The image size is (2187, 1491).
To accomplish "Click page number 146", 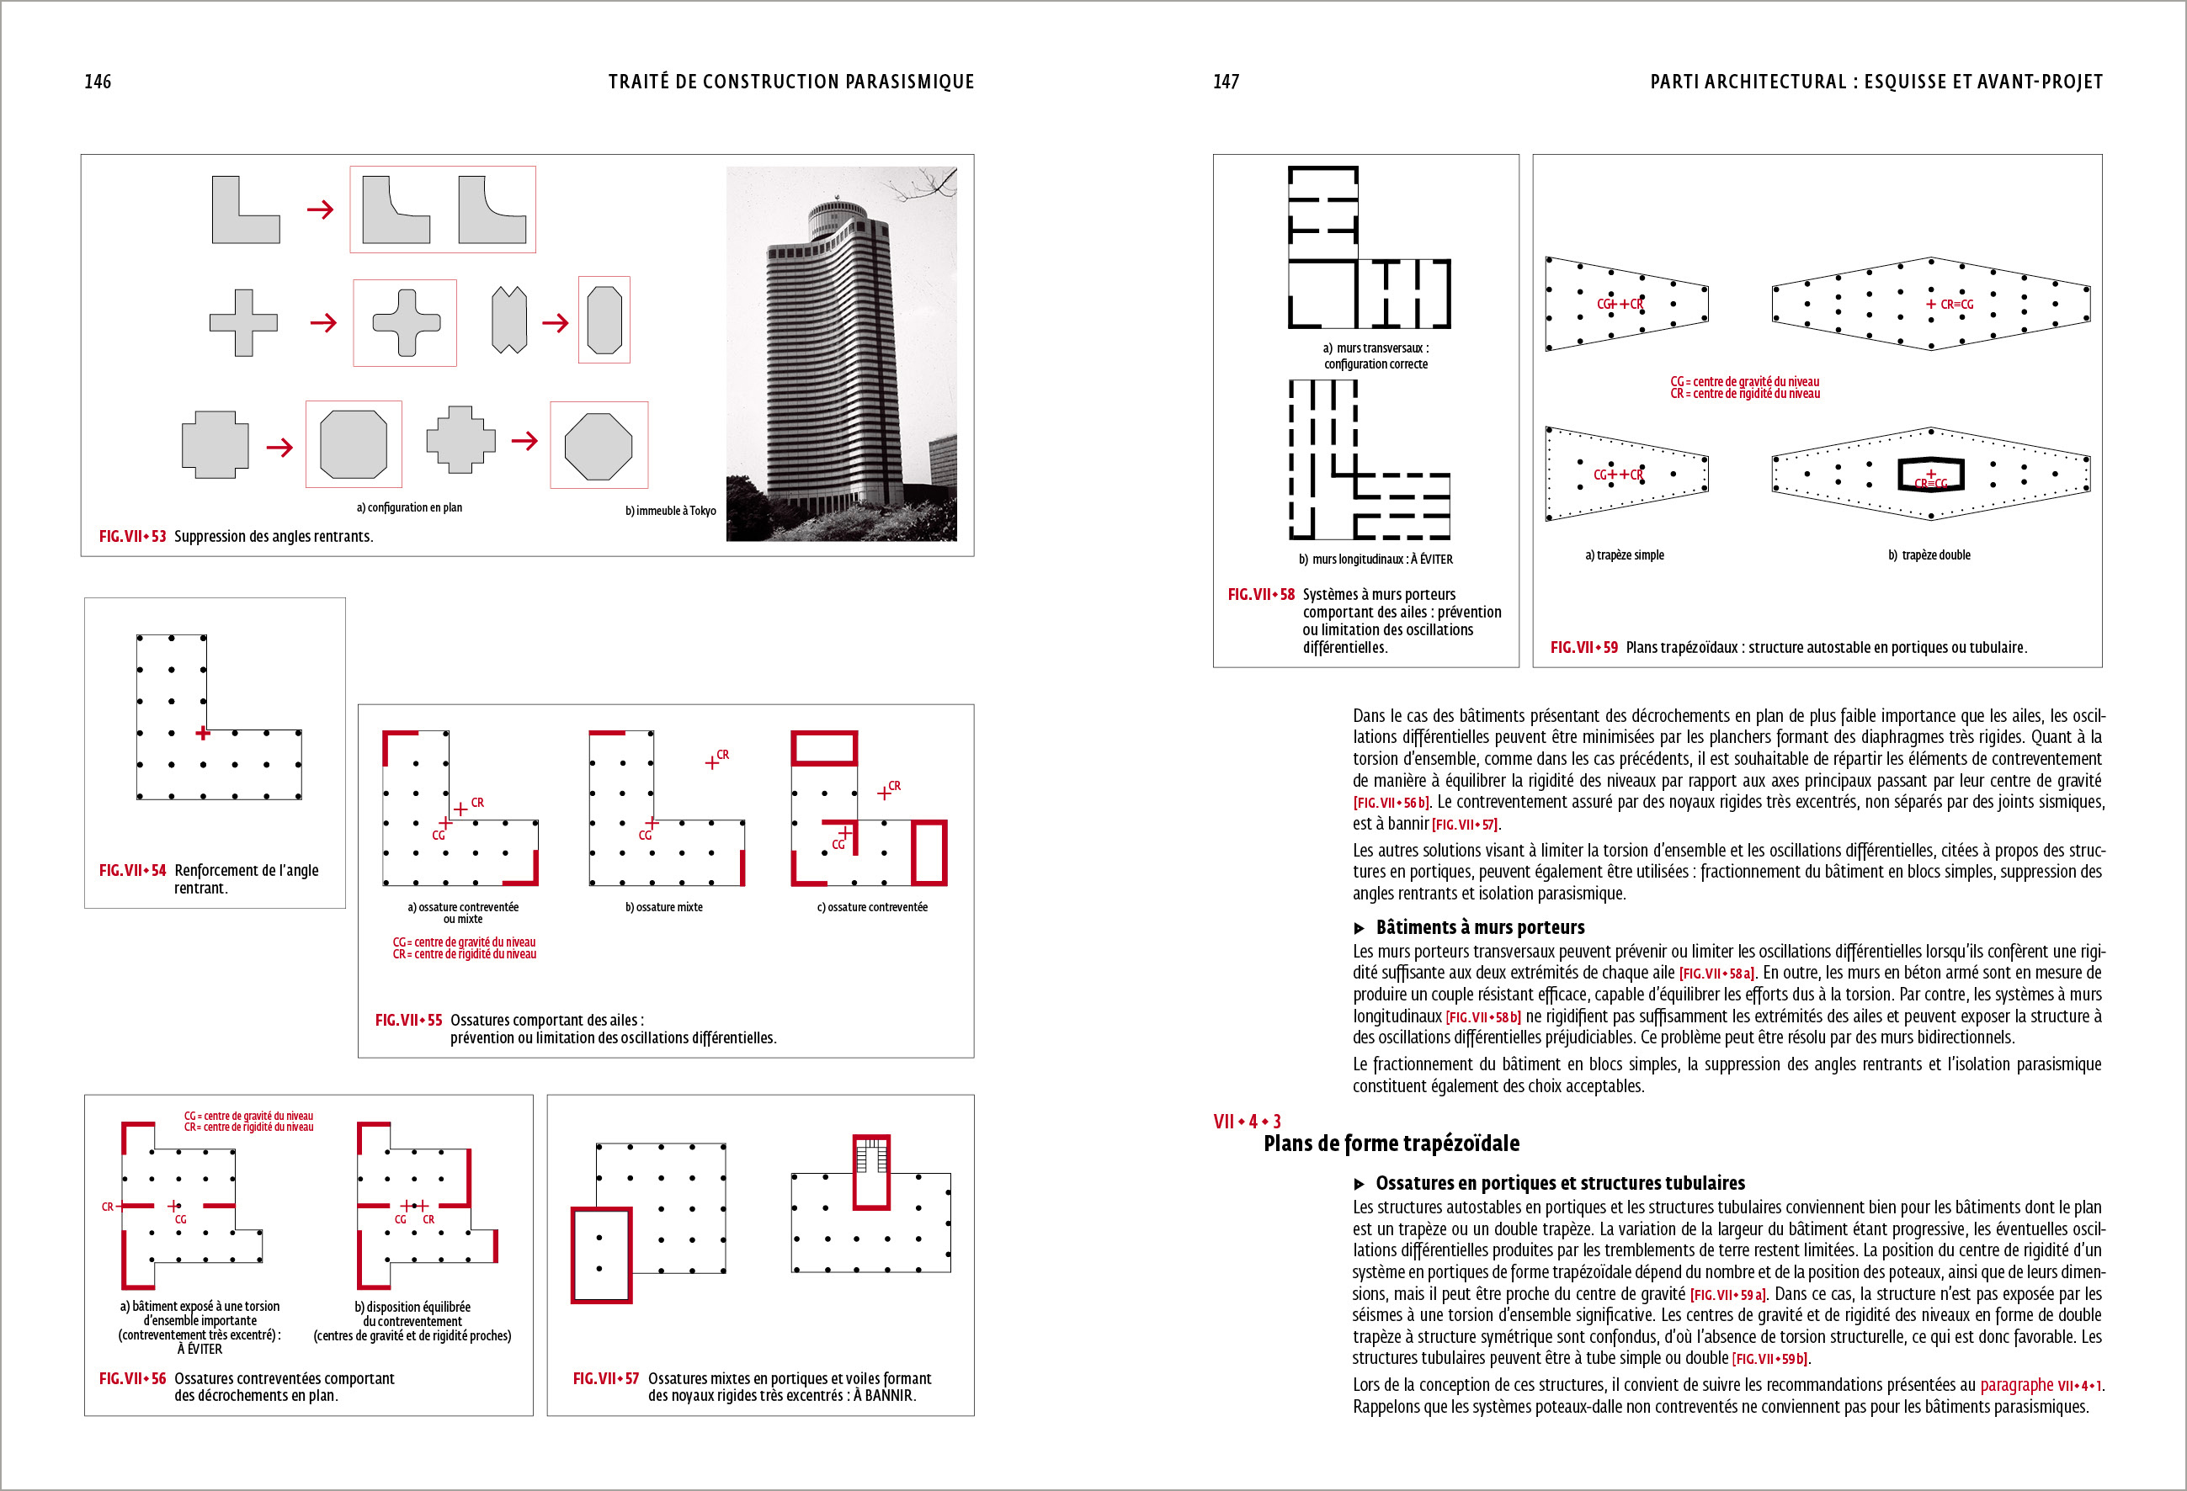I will pyautogui.click(x=98, y=82).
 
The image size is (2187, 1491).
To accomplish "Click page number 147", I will pyautogui.click(x=1226, y=82).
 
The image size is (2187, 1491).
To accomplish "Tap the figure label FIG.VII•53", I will pyautogui.click(x=132, y=536).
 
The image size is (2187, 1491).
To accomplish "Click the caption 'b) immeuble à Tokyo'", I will pyautogui.click(x=670, y=511).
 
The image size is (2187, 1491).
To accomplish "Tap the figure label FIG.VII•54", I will pyautogui.click(x=132, y=870).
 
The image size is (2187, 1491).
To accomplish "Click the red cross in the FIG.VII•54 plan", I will pyautogui.click(x=202, y=733).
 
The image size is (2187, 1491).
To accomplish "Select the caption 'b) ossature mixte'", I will pyautogui.click(x=663, y=907).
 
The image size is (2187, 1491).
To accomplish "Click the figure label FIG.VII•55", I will pyautogui.click(x=407, y=1020).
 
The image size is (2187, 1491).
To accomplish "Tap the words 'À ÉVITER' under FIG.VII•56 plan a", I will pyautogui.click(x=200, y=1349).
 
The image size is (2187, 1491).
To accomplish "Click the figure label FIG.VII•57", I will pyautogui.click(x=605, y=1378).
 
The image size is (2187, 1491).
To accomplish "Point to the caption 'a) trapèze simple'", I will pyautogui.click(x=1624, y=555).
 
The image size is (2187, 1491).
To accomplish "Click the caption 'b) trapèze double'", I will pyautogui.click(x=1929, y=555).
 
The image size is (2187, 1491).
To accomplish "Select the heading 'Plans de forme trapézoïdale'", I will pyautogui.click(x=1391, y=1143).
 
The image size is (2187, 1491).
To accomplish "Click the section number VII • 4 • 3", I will pyautogui.click(x=1246, y=1122).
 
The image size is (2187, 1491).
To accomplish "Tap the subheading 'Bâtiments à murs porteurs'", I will pyautogui.click(x=1479, y=926).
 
